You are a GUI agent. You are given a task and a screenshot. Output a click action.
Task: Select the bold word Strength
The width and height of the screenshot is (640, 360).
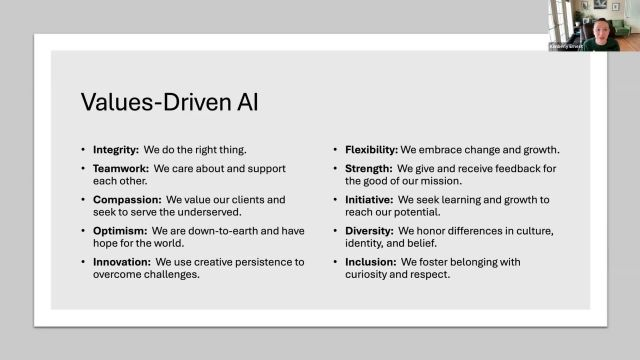tap(367, 170)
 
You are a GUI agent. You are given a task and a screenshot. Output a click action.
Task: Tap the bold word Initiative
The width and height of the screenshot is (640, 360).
tap(368, 200)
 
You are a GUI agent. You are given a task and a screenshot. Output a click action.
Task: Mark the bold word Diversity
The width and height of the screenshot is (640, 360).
tap(368, 231)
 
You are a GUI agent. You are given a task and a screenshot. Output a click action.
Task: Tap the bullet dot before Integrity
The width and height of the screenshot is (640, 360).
tap(84, 150)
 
